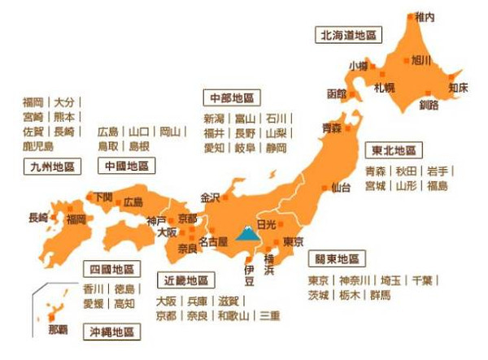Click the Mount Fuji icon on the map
245,236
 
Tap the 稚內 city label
425,16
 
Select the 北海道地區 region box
348,35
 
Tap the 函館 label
337,93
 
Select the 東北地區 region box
394,150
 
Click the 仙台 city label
342,188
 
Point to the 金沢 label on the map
210,197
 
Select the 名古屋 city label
213,241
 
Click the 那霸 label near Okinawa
58,329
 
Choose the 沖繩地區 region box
115,332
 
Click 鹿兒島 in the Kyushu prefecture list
37,146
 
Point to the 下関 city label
103,196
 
